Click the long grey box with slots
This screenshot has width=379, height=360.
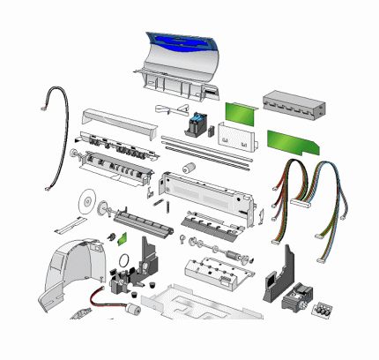pyautogui.click(x=294, y=106)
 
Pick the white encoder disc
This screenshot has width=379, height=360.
pyautogui.click(x=85, y=201)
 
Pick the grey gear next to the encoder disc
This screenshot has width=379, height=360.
pyautogui.click(x=102, y=210)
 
